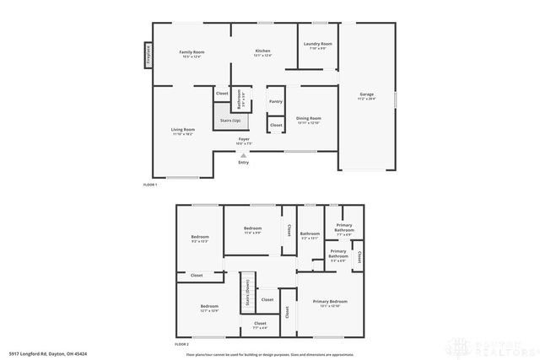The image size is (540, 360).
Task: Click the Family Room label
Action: [x=192, y=52]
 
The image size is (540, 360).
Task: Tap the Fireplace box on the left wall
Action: [x=148, y=55]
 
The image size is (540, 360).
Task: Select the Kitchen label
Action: [x=263, y=52]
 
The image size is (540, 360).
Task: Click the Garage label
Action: [x=367, y=94]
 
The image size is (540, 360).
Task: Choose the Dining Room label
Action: [x=308, y=118]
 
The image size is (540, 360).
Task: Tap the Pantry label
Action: [x=276, y=101]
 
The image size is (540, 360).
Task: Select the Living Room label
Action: [x=183, y=129]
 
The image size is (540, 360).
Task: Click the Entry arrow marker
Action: [x=243, y=156]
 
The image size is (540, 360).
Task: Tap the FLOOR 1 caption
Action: [x=150, y=184]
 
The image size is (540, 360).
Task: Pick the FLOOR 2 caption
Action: [x=181, y=345]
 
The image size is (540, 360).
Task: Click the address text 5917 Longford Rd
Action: [x=42, y=353]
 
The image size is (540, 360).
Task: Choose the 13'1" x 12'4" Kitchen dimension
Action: [x=263, y=56]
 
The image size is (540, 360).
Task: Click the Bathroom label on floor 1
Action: [x=240, y=100]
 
